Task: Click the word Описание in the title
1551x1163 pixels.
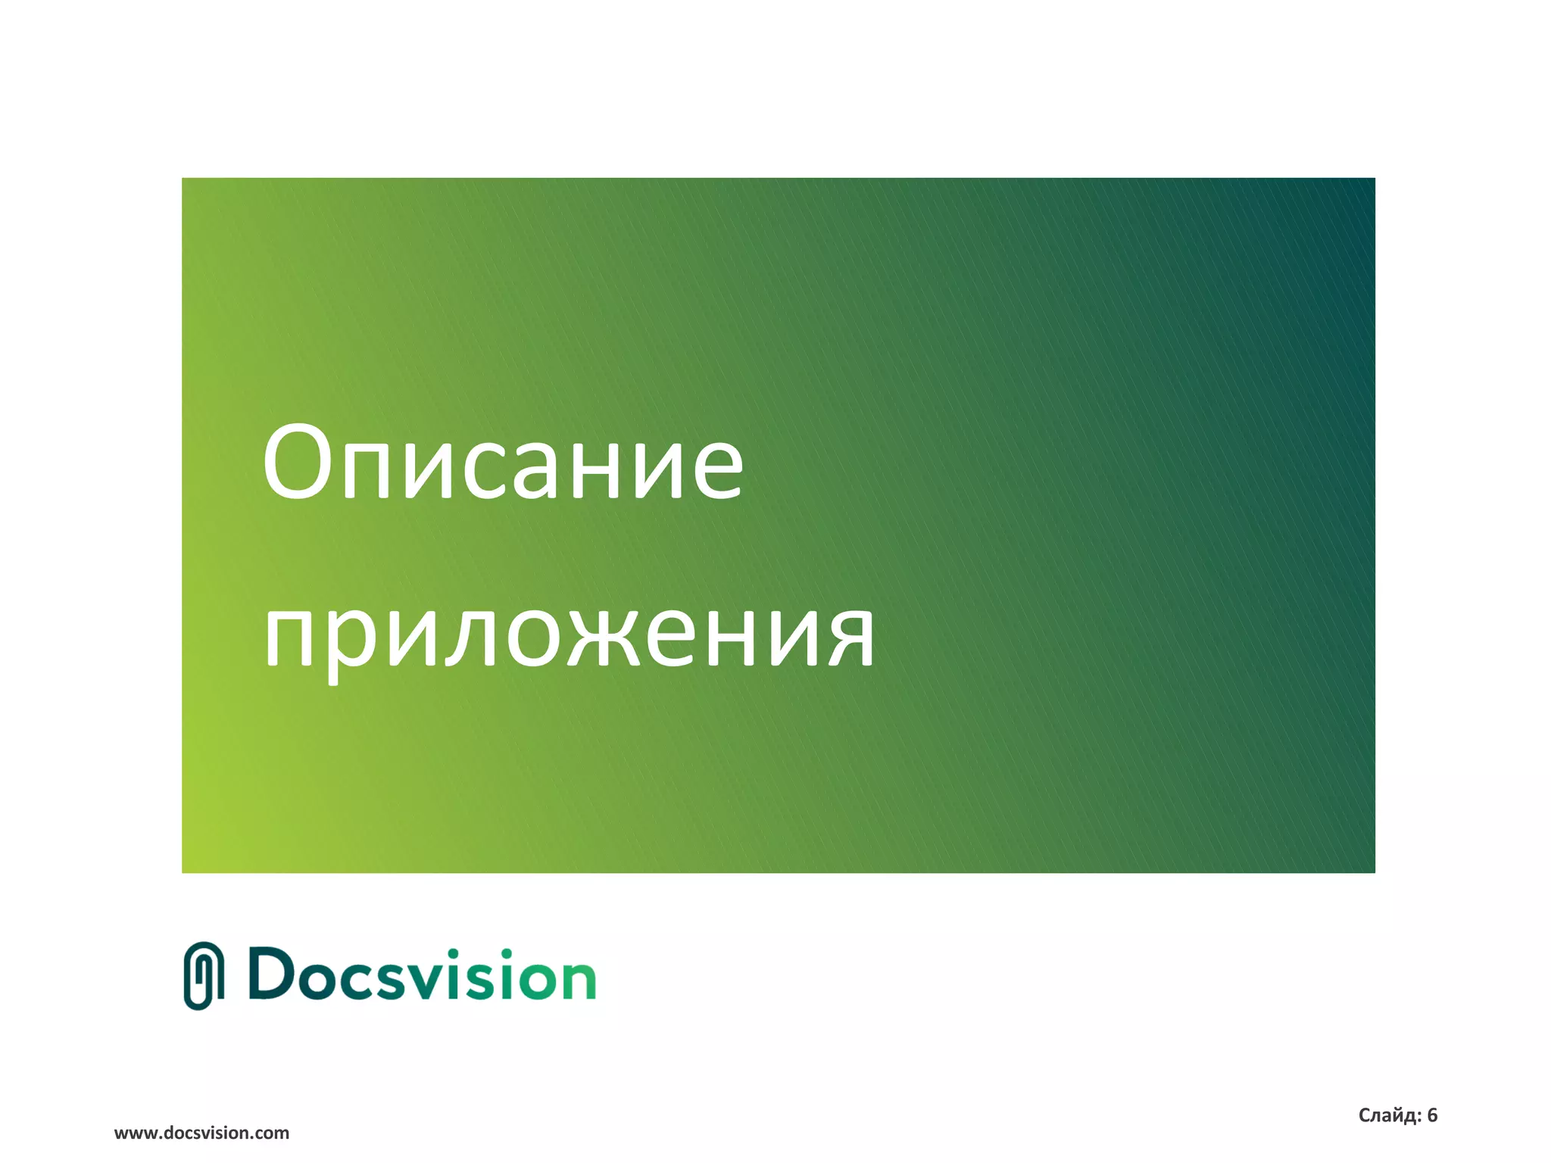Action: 503,463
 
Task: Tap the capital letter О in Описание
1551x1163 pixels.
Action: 296,463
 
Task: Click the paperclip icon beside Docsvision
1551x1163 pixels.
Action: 204,976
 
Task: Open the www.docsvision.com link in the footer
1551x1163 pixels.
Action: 201,1133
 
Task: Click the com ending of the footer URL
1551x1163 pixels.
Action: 272,1133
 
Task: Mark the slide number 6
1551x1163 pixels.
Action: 1432,1115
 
